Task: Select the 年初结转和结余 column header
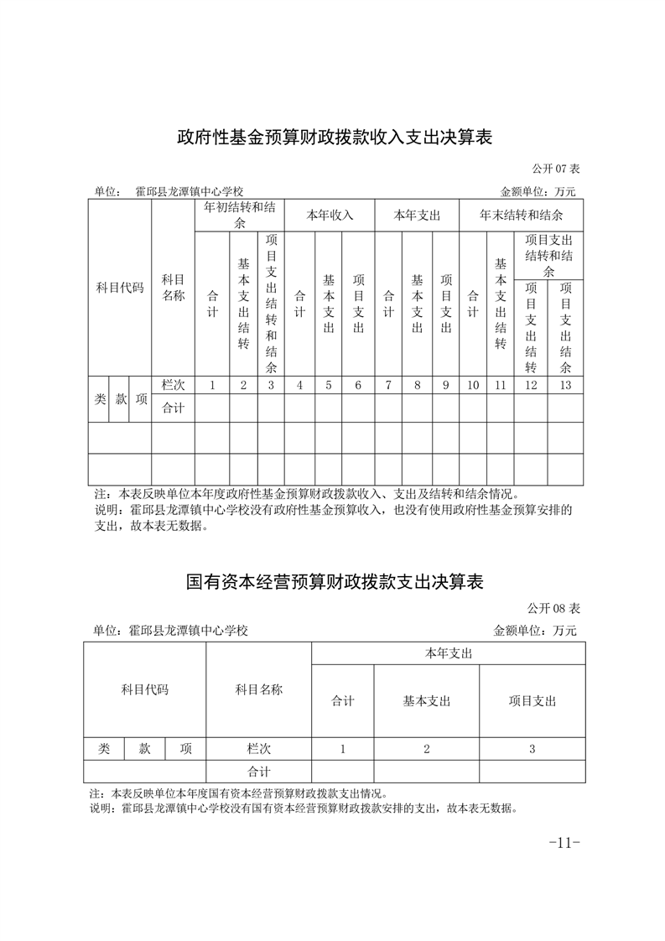240,215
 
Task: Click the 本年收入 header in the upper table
330,215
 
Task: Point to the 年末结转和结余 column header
521,215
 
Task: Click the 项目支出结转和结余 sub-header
548,255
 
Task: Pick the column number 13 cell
565,385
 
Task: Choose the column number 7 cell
388,385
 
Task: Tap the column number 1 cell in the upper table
212,385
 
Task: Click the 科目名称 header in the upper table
173,288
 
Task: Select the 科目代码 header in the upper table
120,288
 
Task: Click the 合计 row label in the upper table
173,408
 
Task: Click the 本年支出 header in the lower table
448,652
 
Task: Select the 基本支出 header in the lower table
426,701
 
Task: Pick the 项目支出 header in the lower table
532,701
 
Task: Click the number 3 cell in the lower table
532,749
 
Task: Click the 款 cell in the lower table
144,749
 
